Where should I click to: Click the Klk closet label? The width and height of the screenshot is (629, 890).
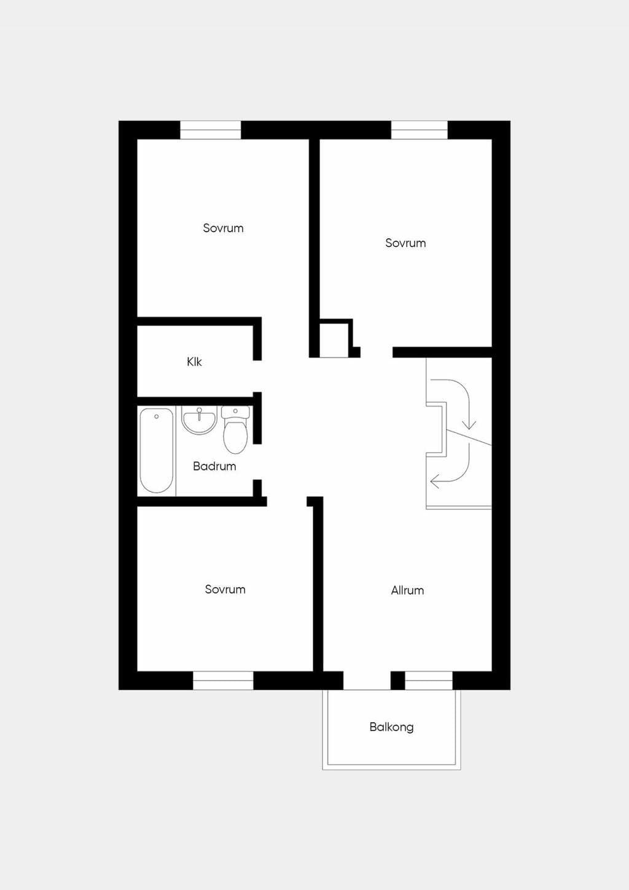click(x=194, y=362)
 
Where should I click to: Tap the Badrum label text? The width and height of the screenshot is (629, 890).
click(x=214, y=466)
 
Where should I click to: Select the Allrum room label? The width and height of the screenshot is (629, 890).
click(x=407, y=590)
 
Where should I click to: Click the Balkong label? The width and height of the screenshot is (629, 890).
click(x=391, y=727)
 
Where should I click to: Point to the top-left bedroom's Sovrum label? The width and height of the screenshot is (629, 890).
click(x=224, y=228)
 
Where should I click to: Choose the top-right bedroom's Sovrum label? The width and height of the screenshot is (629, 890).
click(x=405, y=243)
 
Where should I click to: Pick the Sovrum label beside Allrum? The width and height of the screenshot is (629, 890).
click(x=225, y=589)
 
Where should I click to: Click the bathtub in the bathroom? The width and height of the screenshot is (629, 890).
click(x=157, y=451)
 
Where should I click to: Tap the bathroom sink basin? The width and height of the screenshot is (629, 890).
click(x=200, y=420)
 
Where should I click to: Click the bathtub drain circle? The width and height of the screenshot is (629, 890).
click(x=157, y=416)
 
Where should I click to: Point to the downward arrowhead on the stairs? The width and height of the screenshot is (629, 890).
click(x=469, y=425)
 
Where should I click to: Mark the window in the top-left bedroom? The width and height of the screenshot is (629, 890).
click(x=211, y=130)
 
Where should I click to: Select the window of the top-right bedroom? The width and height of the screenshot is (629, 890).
click(x=420, y=130)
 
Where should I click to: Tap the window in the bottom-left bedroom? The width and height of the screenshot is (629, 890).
click(x=224, y=681)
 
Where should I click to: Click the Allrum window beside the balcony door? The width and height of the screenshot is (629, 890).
click(x=429, y=681)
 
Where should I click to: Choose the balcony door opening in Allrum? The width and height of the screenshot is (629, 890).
click(x=367, y=681)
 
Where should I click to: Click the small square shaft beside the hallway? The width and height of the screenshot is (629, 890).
click(x=334, y=340)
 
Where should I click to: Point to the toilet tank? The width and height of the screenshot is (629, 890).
click(x=236, y=412)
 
